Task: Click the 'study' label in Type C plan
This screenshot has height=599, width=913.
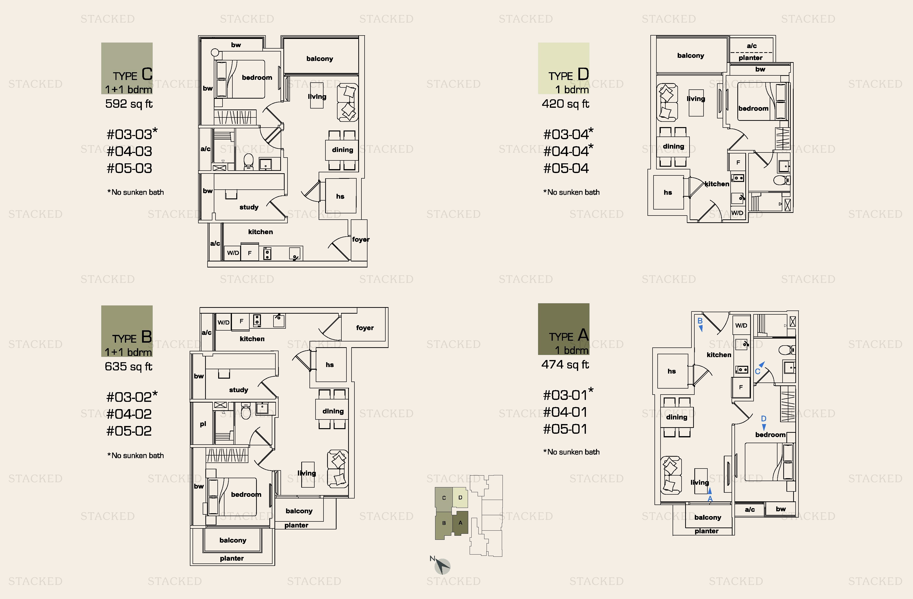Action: click(x=249, y=207)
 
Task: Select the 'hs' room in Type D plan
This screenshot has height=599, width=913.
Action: click(x=668, y=192)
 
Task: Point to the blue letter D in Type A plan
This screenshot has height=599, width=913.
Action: click(x=763, y=419)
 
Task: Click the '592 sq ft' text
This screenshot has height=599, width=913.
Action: click(x=129, y=104)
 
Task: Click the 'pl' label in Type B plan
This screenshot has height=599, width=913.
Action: click(x=203, y=424)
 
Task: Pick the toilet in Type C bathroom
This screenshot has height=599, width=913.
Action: click(x=249, y=162)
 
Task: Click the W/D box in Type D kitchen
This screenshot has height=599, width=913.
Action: click(x=737, y=213)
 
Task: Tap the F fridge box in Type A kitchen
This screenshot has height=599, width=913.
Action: click(x=741, y=387)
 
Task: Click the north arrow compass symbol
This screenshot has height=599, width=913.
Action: click(x=442, y=566)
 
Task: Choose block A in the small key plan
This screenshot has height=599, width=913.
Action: click(x=460, y=523)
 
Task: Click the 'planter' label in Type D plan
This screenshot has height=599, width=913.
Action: click(x=750, y=58)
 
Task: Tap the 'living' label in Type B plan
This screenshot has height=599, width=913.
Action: click(x=307, y=473)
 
